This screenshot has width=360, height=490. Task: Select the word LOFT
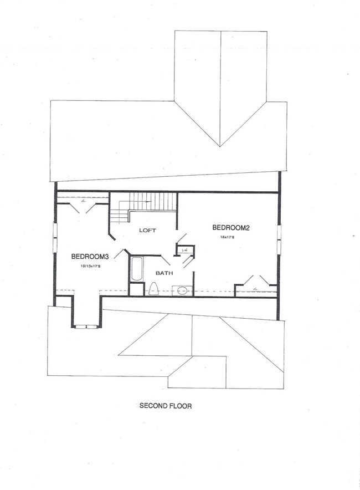(147, 230)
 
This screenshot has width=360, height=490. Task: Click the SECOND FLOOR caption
(165, 406)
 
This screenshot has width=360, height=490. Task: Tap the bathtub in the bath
(137, 269)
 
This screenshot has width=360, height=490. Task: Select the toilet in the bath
(155, 289)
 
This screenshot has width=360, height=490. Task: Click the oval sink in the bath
(182, 290)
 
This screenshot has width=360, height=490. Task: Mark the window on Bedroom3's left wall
(54, 237)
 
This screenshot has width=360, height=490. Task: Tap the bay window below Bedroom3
(86, 326)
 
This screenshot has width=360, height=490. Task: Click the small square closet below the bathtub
(136, 289)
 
